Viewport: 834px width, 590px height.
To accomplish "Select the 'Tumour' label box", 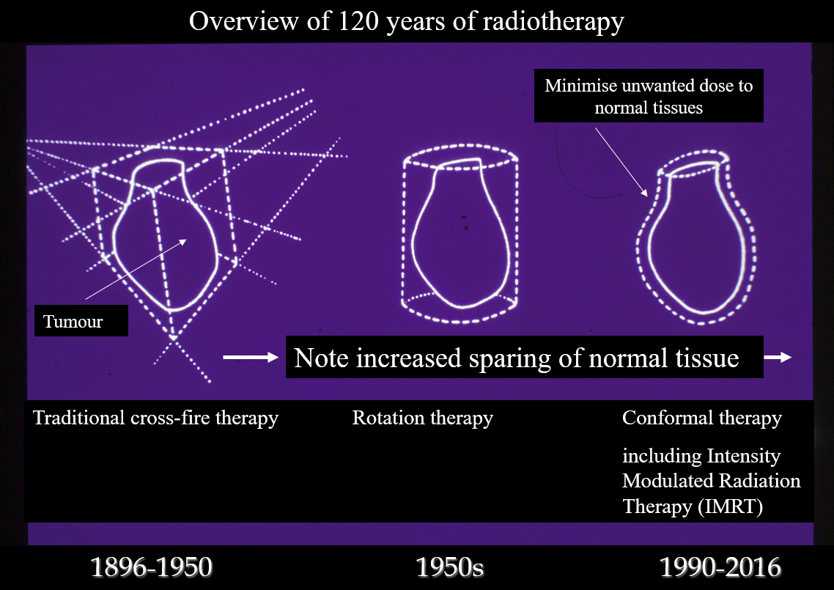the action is (81, 321).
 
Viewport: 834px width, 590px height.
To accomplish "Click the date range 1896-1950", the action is (152, 567).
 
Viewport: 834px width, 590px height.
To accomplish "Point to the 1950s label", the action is (449, 567).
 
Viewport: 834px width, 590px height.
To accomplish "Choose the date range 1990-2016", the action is (720, 567).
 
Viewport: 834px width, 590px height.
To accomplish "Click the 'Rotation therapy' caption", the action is (422, 418).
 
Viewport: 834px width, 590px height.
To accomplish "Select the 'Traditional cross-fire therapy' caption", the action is (155, 418).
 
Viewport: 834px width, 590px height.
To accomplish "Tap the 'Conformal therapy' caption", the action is (702, 418).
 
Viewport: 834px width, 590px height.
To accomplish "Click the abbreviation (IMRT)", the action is (730, 506).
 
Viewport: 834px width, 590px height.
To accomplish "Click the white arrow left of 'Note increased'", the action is (251, 357).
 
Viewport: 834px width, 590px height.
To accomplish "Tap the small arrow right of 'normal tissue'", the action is (778, 357).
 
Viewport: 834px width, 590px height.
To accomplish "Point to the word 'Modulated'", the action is (663, 480).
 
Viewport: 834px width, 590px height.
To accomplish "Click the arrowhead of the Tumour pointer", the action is (184, 241).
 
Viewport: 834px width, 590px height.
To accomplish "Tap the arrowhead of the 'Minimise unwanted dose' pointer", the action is (645, 193).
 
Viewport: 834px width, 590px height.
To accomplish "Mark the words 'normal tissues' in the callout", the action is (649, 108).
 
